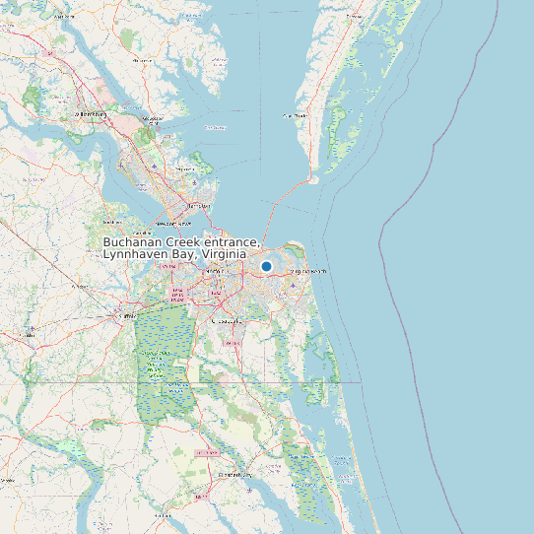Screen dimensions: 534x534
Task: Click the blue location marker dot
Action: (x=266, y=266)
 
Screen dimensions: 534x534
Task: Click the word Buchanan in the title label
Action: (x=133, y=243)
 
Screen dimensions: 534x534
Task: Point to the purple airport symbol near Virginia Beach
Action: (x=295, y=286)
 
